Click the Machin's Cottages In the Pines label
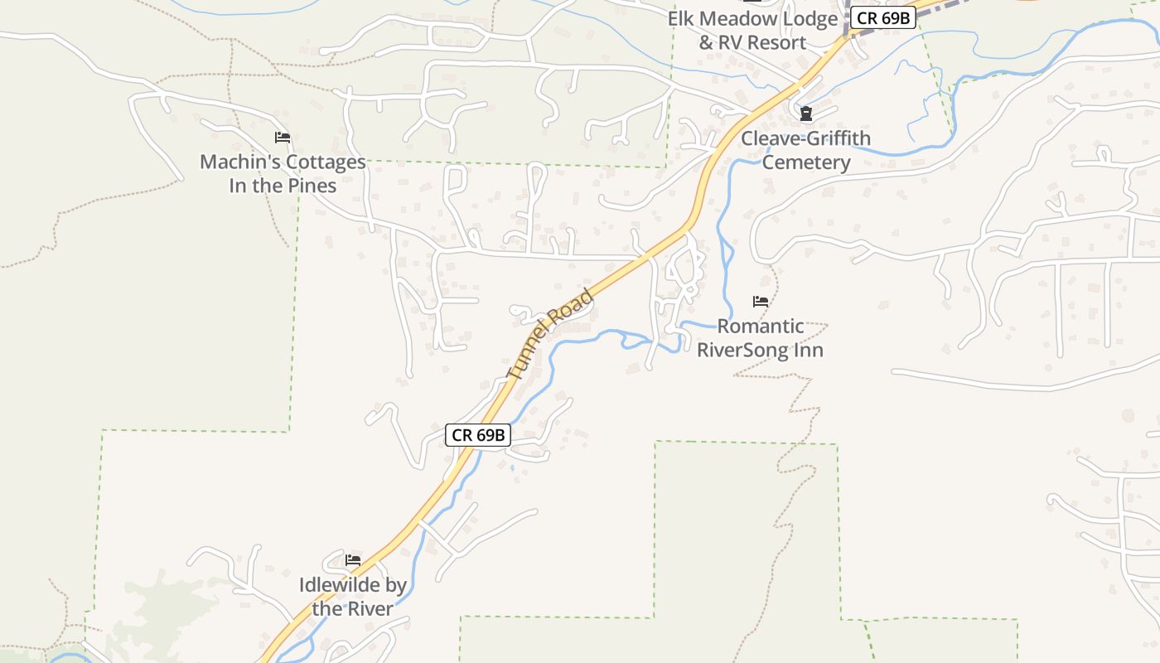283,173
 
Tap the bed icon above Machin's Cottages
283,138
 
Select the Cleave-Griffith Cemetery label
805,150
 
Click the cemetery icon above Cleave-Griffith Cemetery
805,113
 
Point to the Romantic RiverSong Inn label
760,337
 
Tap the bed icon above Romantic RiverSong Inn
760,302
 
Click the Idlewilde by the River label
353,597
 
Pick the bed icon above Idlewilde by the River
353,560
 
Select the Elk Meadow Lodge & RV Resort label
752,31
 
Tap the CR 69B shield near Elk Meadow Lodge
882,17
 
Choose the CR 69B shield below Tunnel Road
477,435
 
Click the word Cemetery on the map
805,162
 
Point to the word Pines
312,186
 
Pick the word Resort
776,42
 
